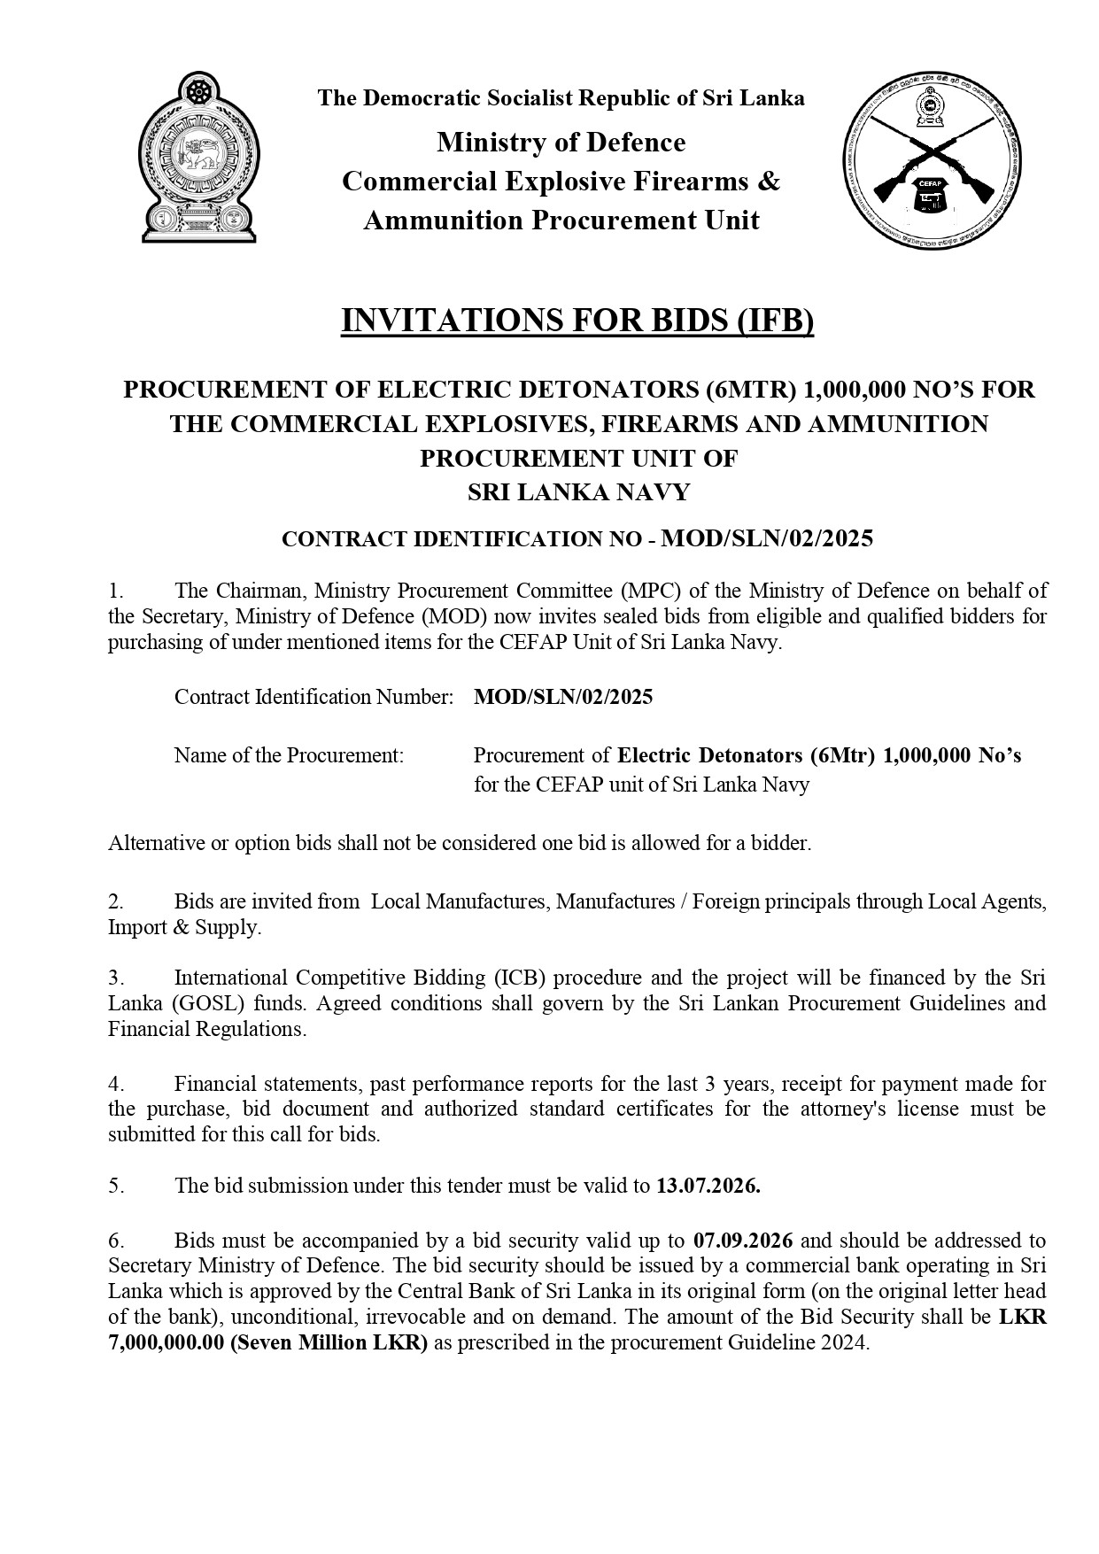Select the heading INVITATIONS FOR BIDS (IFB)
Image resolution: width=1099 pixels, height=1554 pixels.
[577, 321]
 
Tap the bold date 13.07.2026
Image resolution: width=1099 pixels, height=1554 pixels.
[708, 1187]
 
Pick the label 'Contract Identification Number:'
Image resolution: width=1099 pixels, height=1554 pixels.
[314, 697]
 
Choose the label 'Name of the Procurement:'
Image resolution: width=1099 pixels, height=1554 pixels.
[289, 755]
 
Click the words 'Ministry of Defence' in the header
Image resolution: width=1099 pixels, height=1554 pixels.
[561, 143]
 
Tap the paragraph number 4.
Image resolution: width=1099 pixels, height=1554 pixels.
[116, 1084]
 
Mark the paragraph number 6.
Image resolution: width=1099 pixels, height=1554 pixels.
[116, 1240]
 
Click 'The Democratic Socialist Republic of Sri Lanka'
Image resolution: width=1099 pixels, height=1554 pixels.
[561, 98]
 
